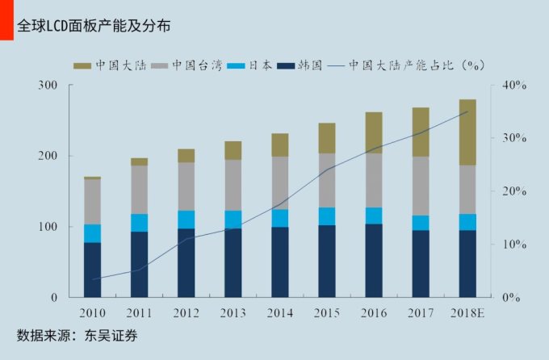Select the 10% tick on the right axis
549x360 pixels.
pos(513,245)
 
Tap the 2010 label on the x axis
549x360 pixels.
pos(92,312)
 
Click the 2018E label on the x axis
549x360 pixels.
pos(467,312)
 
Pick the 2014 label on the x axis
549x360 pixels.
pos(280,312)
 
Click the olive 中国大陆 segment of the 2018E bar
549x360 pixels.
pos(467,132)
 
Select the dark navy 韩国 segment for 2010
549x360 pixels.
pos(92,270)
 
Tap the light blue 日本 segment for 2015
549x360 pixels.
pos(327,216)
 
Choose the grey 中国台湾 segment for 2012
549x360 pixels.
pos(186,186)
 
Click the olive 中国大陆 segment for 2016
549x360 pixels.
pos(374,132)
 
